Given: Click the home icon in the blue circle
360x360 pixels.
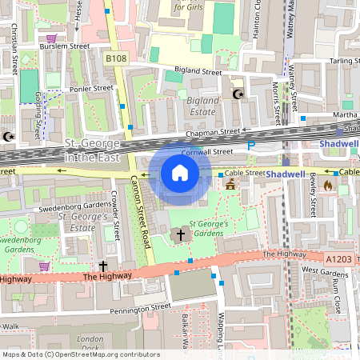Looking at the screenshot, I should (x=180, y=173).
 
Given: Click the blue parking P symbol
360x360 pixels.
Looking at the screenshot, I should (x=251, y=146).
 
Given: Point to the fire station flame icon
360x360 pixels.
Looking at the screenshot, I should (x=327, y=186).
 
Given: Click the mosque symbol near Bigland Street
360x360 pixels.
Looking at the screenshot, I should (x=237, y=94).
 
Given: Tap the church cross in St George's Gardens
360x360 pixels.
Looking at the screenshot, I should (x=180, y=235).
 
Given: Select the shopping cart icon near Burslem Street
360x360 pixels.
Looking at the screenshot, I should (x=53, y=38).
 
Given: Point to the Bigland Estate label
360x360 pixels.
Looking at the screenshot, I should (x=202, y=106).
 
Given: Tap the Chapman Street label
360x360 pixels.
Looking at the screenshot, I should (x=212, y=131).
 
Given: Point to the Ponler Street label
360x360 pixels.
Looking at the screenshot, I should (x=92, y=89).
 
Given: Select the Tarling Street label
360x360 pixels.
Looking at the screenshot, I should (x=344, y=60).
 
